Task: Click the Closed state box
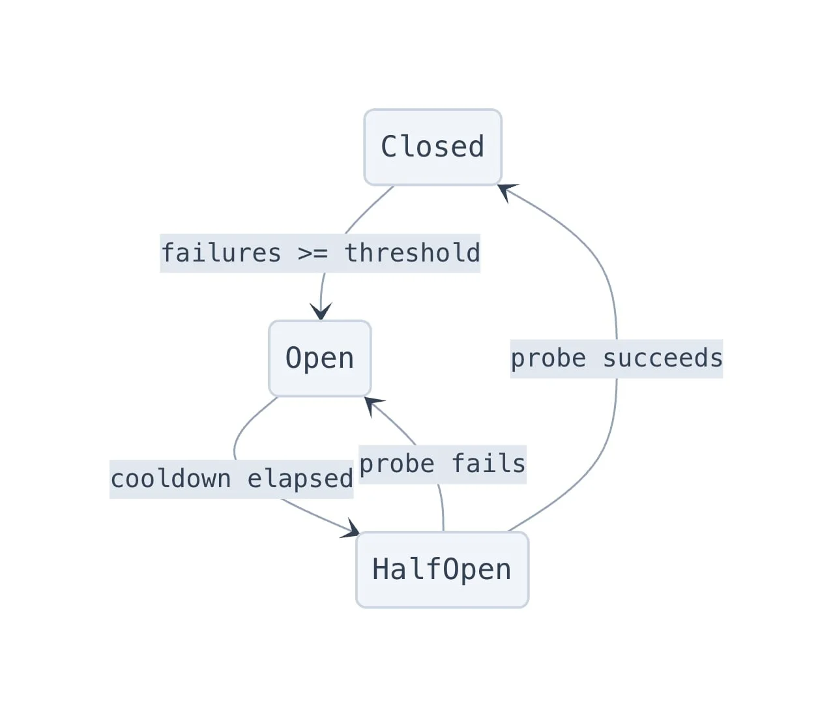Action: point(433,147)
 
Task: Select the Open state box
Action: point(320,359)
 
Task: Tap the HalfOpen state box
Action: point(443,570)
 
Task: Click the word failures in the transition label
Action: point(221,253)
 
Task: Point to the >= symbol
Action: point(313,254)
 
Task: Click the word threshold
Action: point(413,253)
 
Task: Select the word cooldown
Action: point(171,479)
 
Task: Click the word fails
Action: point(488,464)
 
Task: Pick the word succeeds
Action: point(663,359)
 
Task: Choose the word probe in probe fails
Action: point(397,465)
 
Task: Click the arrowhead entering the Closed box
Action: point(506,191)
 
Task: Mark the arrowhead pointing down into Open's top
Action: point(321,311)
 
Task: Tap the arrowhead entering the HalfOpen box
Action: point(351,530)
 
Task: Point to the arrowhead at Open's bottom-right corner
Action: point(373,405)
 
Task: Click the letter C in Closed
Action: point(390,147)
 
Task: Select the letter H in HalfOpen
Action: point(381,570)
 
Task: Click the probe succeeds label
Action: point(617,359)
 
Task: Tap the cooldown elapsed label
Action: point(232,479)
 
